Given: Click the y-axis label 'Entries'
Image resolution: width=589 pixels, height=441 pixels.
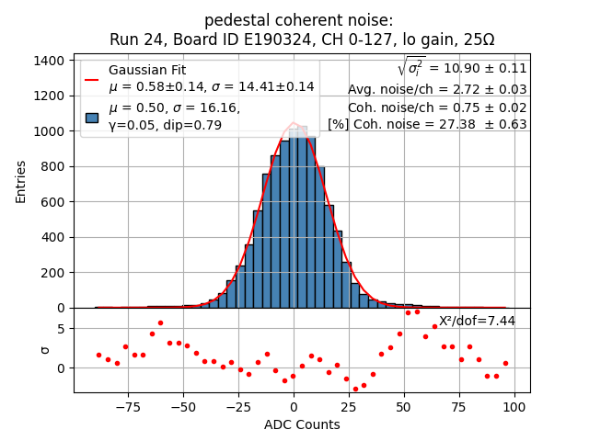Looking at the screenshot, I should pyautogui.click(x=21, y=181).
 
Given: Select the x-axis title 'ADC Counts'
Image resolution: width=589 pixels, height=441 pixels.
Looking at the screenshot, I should pyautogui.click(x=302, y=424).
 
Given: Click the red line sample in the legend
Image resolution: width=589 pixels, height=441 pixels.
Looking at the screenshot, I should pyautogui.click(x=92, y=79).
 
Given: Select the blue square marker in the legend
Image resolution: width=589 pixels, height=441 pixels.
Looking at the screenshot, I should pyautogui.click(x=92, y=117).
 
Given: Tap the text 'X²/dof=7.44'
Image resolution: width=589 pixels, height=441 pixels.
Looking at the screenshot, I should pyautogui.click(x=477, y=321).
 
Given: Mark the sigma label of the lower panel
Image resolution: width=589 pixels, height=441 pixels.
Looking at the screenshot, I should pyautogui.click(x=44, y=350).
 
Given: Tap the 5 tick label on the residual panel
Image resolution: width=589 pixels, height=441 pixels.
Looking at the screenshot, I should pyautogui.click(x=60, y=329).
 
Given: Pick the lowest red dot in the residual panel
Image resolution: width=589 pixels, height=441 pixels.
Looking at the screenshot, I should pyautogui.click(x=355, y=389).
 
